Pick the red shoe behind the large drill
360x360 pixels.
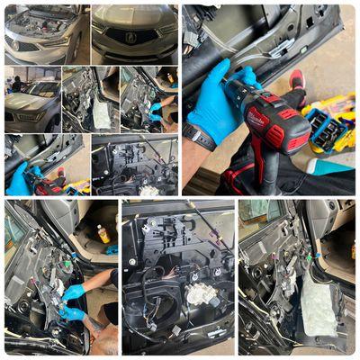[x=297, y=78]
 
